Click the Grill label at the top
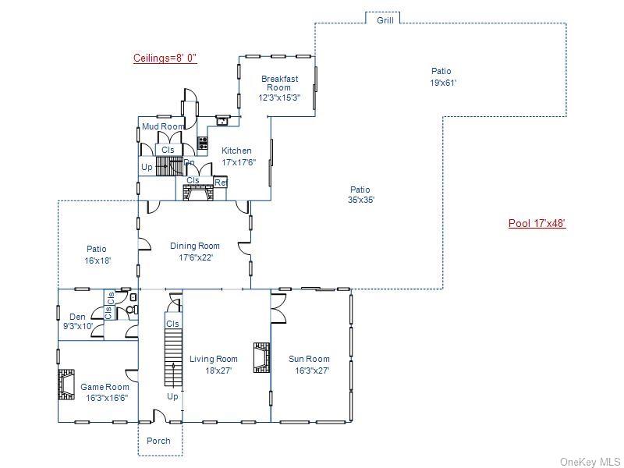[385, 20]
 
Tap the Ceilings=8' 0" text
[165, 58]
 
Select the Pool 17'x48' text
[537, 224]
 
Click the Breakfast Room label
[279, 88]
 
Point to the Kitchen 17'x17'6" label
[237, 156]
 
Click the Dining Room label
[195, 251]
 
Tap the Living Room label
[214, 364]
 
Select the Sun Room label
[309, 364]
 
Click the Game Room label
[105, 392]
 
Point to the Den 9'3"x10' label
[78, 321]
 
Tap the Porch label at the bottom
[158, 441]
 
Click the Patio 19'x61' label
[441, 76]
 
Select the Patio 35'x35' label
[360, 194]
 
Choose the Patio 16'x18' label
[97, 255]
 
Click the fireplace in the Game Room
[64, 385]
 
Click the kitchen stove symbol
[203, 143]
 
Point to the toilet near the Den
[131, 309]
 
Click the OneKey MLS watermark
[590, 462]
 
